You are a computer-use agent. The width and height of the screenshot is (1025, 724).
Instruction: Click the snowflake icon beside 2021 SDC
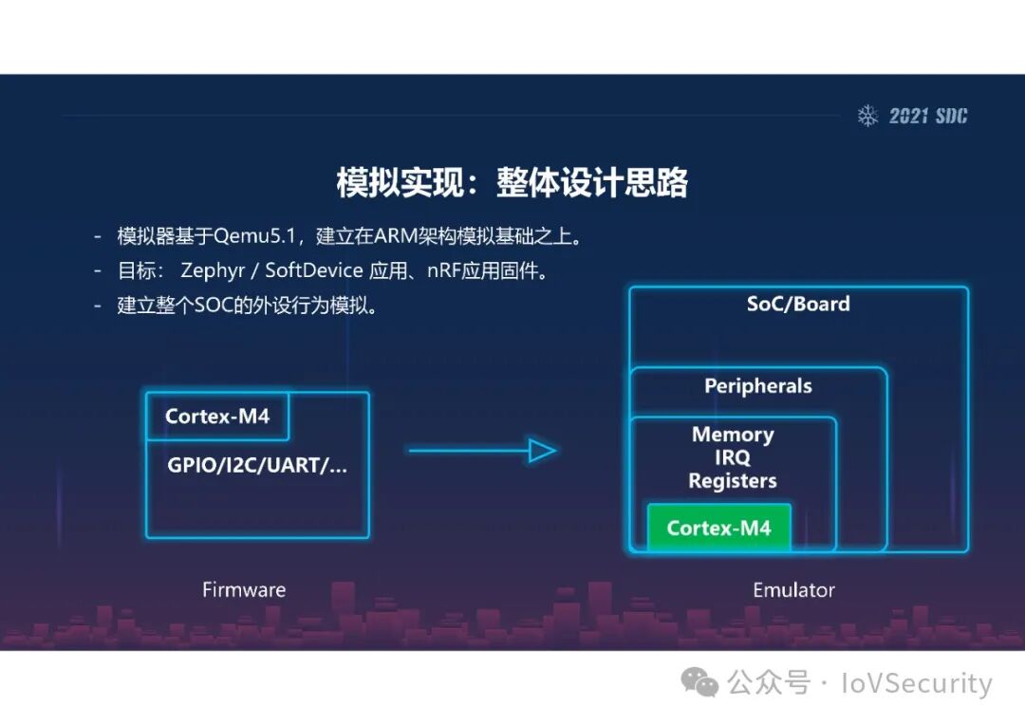tap(867, 116)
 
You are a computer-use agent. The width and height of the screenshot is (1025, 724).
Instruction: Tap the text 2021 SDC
tap(928, 116)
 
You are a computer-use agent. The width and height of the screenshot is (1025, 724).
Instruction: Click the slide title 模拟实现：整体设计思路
tap(512, 182)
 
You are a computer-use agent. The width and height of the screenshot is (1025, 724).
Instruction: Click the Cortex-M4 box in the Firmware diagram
tap(217, 417)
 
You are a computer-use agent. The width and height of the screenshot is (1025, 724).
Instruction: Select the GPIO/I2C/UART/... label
tap(257, 466)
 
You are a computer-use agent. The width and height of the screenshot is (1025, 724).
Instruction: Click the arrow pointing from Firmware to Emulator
tap(482, 451)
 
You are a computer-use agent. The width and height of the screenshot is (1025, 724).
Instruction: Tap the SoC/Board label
tap(798, 305)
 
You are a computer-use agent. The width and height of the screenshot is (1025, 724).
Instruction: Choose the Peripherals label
tap(757, 386)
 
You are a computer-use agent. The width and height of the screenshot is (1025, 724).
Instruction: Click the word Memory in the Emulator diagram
tap(733, 435)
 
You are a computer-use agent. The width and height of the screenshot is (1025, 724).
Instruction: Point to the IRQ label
tap(733, 457)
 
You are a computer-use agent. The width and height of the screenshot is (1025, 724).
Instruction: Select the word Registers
tap(733, 481)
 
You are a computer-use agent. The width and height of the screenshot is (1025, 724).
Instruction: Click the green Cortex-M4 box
tap(718, 528)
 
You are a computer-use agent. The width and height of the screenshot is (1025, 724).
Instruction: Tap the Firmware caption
tap(244, 589)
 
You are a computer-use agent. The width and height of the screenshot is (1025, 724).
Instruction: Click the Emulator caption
tap(793, 589)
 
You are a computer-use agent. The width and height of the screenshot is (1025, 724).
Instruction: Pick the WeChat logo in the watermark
tap(701, 682)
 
